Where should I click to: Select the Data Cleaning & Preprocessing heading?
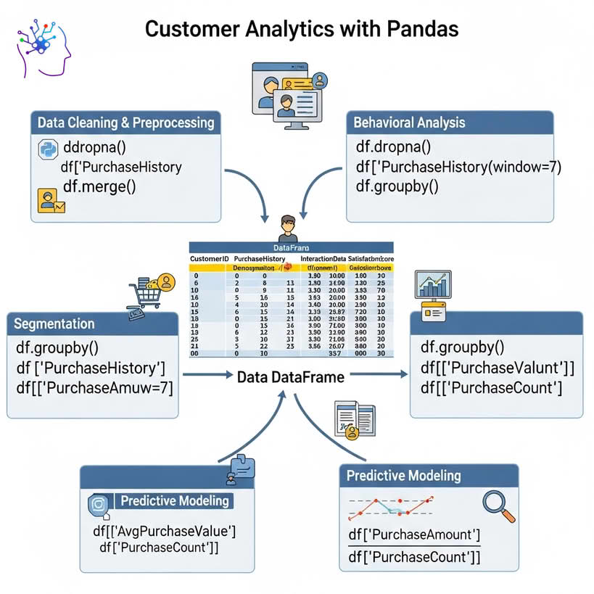pos(126,123)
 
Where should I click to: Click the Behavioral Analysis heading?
pos(409,122)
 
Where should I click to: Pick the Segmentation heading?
pos(55,323)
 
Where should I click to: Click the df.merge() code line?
pos(99,186)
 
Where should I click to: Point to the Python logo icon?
pos(46,150)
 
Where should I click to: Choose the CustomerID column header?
pos(209,259)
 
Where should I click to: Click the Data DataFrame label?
pos(290,376)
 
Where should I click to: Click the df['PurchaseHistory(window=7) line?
pos(458,167)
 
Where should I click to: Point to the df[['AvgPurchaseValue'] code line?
pos(165,532)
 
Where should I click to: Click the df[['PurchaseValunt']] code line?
pos(497,368)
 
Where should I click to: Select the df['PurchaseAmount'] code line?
pos(414,535)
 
